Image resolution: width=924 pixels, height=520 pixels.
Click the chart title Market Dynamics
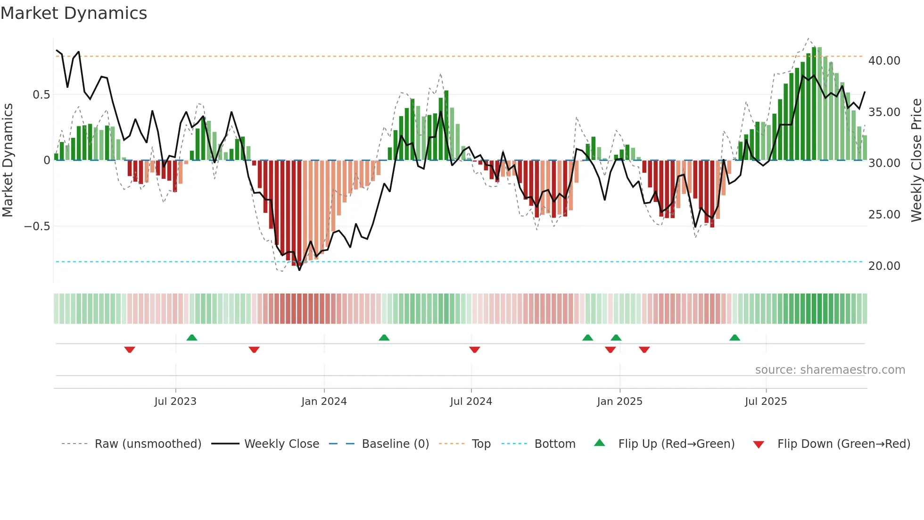point(74,13)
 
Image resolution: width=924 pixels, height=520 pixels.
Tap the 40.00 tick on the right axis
point(884,61)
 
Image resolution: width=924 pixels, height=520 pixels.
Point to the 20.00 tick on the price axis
point(884,266)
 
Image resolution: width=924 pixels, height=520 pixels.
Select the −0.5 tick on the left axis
point(37,226)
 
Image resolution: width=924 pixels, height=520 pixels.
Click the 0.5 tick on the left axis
point(41,95)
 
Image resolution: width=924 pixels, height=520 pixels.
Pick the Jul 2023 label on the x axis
point(175,402)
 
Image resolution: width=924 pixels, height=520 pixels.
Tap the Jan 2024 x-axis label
point(324,402)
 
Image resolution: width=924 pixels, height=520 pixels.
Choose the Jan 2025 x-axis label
point(619,402)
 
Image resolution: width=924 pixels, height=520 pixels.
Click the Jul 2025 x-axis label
point(766,402)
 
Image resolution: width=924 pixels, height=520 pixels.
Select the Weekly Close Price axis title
point(916,160)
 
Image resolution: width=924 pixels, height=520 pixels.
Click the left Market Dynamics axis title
point(8,160)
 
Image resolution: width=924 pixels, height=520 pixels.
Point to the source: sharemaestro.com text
point(830,370)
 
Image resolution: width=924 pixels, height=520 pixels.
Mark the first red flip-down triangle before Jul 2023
point(130,350)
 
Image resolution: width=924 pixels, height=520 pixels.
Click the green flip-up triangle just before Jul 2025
point(734,337)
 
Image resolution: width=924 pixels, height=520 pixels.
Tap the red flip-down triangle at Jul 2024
point(475,350)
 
